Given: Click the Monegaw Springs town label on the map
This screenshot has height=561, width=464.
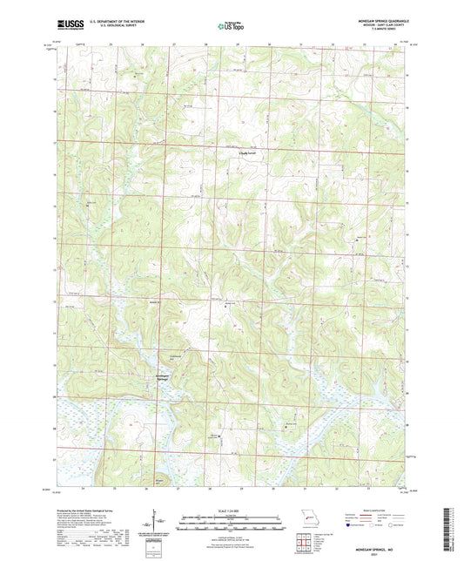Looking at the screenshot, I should [162, 377].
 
